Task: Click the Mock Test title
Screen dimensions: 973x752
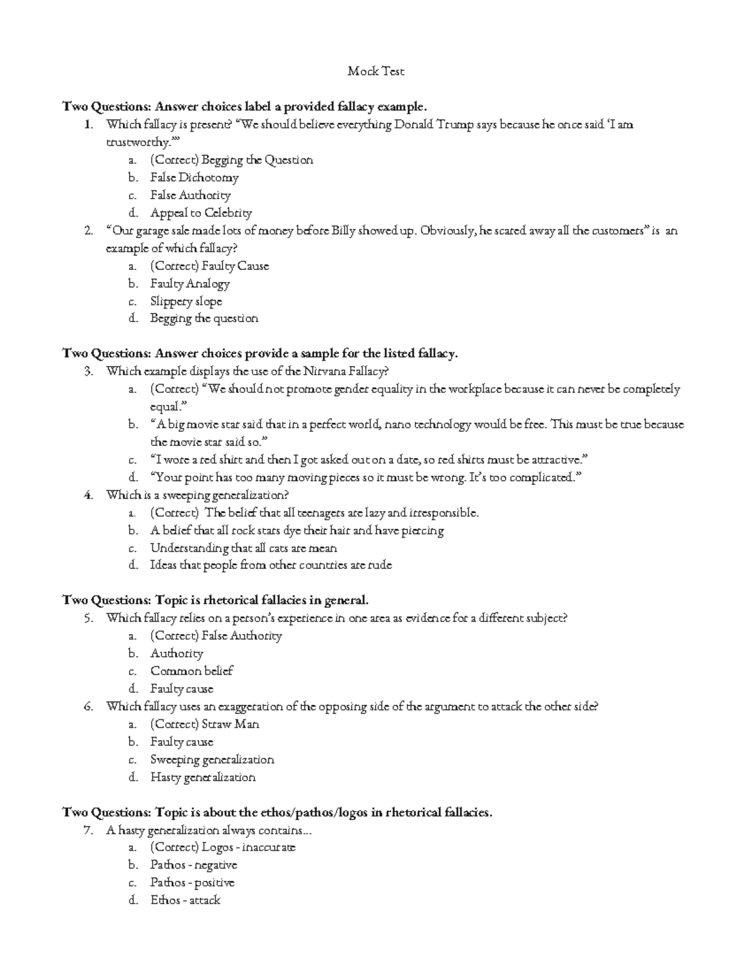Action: coord(376,71)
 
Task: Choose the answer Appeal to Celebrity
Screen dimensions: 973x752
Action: coord(201,213)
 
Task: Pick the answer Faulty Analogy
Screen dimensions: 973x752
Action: coord(190,284)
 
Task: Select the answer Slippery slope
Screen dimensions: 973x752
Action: coord(186,301)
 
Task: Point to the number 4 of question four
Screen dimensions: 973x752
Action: coord(88,495)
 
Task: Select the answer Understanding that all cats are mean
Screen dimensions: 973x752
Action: coord(243,548)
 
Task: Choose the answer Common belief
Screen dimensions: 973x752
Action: coord(191,671)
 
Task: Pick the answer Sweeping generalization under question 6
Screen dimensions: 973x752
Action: coord(212,760)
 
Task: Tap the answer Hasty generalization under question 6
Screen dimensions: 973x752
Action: coord(202,778)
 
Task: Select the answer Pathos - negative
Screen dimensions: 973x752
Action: coord(194,865)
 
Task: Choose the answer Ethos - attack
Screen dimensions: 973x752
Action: coord(185,900)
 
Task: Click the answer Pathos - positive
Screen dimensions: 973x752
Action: coord(192,883)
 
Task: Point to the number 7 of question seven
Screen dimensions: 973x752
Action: coord(88,831)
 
